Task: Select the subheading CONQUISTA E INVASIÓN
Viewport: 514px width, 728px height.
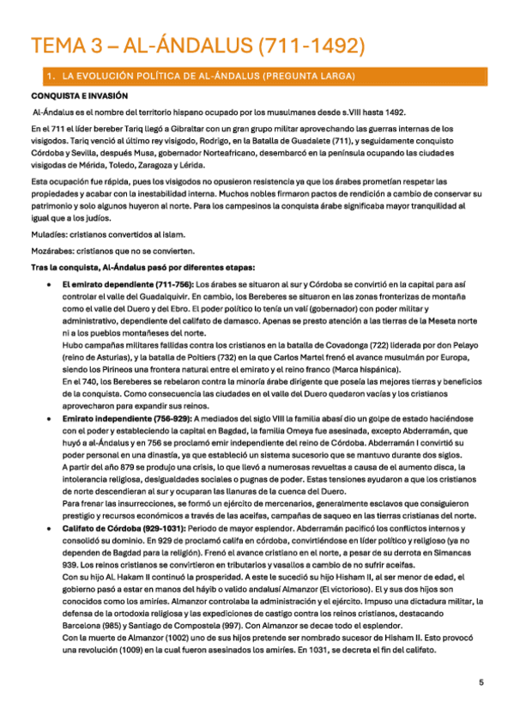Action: [79, 96]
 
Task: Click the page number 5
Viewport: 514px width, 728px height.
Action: [481, 682]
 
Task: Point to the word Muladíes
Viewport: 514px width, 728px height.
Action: [47, 234]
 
